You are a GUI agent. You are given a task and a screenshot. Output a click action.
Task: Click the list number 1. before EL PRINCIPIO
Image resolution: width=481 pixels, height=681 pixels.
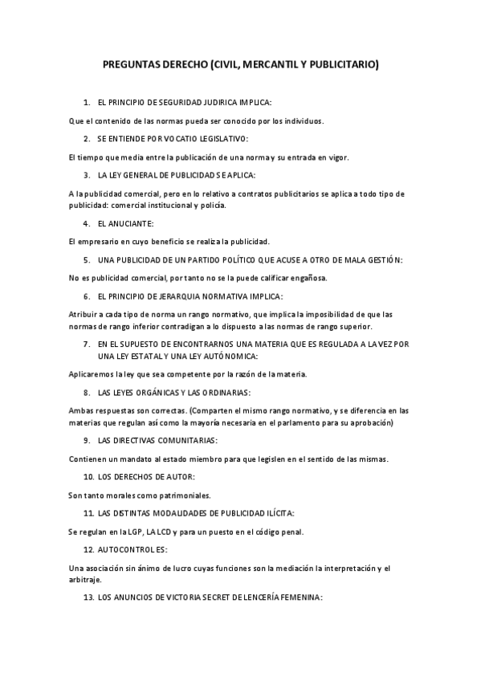[x=87, y=104]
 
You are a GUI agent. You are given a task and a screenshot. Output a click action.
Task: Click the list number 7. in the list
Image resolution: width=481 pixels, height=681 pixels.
[x=87, y=344]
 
